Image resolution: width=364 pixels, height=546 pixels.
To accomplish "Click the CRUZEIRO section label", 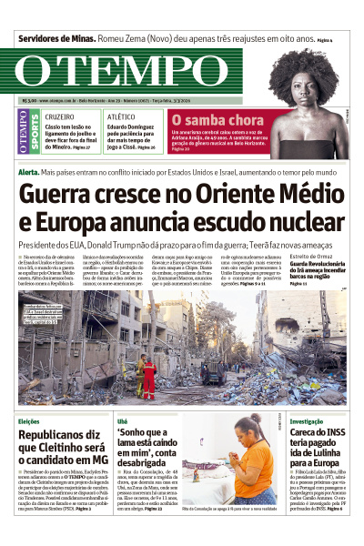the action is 59,117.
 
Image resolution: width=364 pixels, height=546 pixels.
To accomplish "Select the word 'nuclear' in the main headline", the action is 298,223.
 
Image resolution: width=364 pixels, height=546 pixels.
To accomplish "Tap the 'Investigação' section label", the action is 308,421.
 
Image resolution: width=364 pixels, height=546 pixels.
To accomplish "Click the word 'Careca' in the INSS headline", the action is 309,437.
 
